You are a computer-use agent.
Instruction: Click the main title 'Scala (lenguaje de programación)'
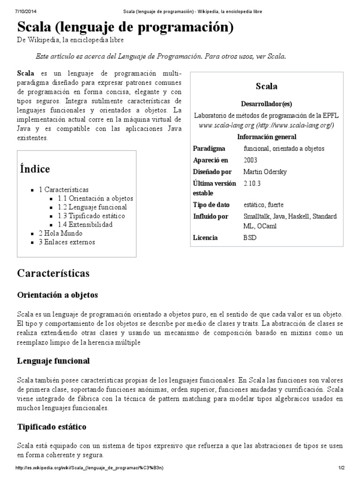125,27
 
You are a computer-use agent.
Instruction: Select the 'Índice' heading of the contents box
35,169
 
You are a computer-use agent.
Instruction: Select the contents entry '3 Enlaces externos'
67,242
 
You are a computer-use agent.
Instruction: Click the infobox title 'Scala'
266,86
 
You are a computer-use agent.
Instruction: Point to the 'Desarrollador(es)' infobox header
266,104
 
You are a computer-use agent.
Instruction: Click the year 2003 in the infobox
250,160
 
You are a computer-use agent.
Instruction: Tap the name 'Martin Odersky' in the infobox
265,172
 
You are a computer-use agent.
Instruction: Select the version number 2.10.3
252,183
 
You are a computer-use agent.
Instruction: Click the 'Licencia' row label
205,238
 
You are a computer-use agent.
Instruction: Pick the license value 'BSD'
250,238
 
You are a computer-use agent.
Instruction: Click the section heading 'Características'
53,273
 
